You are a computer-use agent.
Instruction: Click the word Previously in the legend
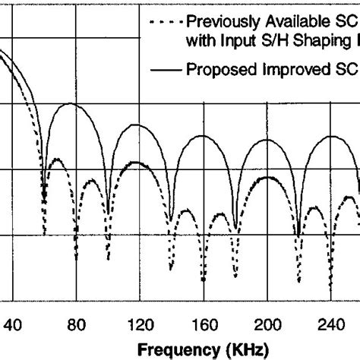pyautogui.click(x=220, y=20)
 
